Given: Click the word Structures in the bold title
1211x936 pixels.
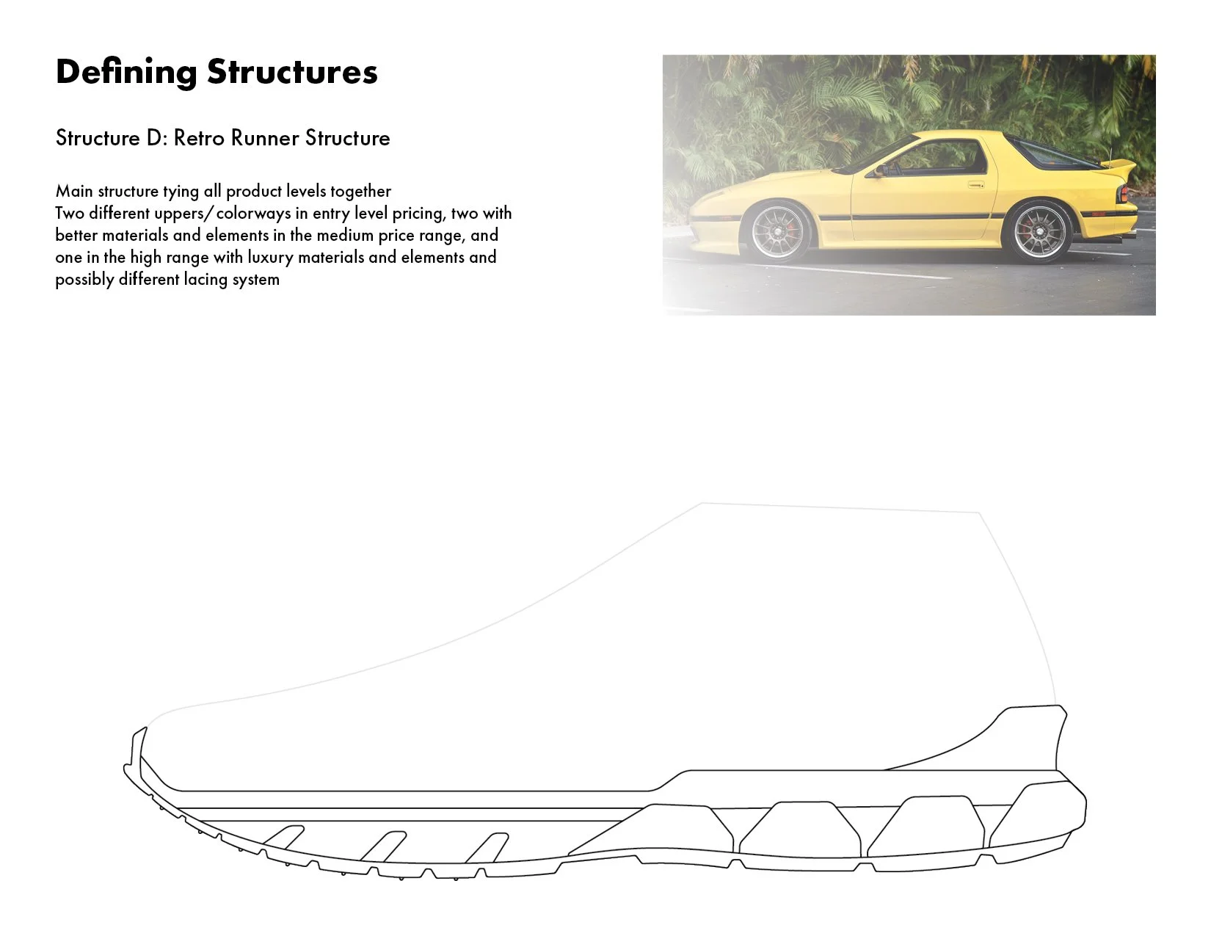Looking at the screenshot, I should coord(292,73).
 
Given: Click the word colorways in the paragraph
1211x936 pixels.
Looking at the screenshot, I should coord(253,213).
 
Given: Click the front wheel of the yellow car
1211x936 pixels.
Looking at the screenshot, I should coord(777,231).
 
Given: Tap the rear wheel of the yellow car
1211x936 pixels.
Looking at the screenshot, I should coord(1039,232).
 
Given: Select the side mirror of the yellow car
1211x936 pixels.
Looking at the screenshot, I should coord(876,171).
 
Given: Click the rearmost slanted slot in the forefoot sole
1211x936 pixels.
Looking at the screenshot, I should coord(487,847).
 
